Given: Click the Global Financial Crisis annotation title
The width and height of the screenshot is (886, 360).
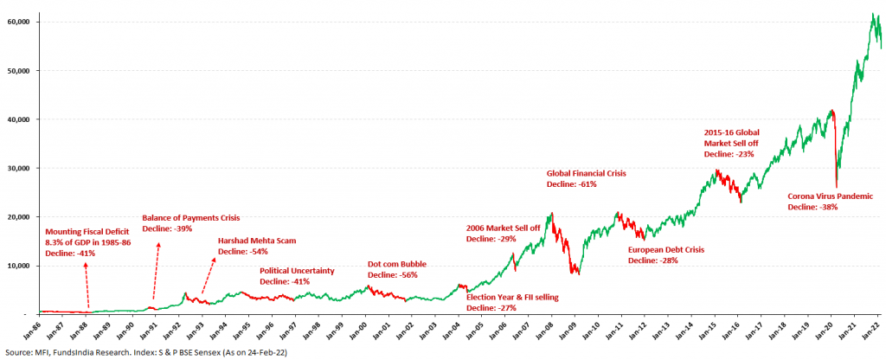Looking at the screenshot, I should click(586, 173).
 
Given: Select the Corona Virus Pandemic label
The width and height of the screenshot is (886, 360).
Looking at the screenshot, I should click(830, 196).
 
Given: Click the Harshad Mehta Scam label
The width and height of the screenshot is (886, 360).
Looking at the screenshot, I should click(257, 240).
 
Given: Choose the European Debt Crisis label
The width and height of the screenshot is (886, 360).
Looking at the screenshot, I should click(665, 249).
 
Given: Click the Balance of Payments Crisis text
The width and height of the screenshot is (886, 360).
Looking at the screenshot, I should click(190, 217).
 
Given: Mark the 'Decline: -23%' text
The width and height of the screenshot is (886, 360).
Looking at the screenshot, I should click(729, 153).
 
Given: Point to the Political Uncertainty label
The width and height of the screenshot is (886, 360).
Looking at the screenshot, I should click(297, 271).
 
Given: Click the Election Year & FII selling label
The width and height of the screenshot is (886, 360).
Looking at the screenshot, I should click(512, 297).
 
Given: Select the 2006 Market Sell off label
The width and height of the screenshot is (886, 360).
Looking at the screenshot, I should click(503, 228).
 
